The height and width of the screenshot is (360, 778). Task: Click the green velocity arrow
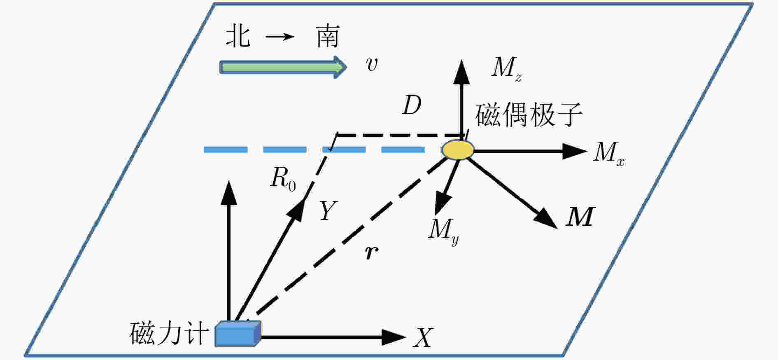click(x=283, y=67)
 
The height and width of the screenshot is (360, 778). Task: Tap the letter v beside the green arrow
click(x=372, y=64)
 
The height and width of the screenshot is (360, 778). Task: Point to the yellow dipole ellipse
click(x=458, y=150)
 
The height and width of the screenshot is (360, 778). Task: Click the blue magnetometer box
click(x=238, y=333)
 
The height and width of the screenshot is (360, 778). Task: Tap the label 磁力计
click(x=167, y=333)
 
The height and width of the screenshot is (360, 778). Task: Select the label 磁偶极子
click(x=529, y=114)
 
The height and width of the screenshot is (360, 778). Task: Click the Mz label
click(x=507, y=68)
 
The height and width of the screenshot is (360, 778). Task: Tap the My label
click(x=444, y=231)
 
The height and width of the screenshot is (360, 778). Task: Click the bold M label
click(x=580, y=216)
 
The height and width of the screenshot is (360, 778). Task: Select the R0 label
click(x=283, y=180)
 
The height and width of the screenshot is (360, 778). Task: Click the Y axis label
click(x=328, y=210)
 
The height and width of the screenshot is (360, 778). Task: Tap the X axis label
click(x=423, y=338)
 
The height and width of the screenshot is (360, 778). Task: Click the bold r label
click(x=372, y=252)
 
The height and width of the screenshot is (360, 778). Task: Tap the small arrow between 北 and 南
click(x=280, y=37)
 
